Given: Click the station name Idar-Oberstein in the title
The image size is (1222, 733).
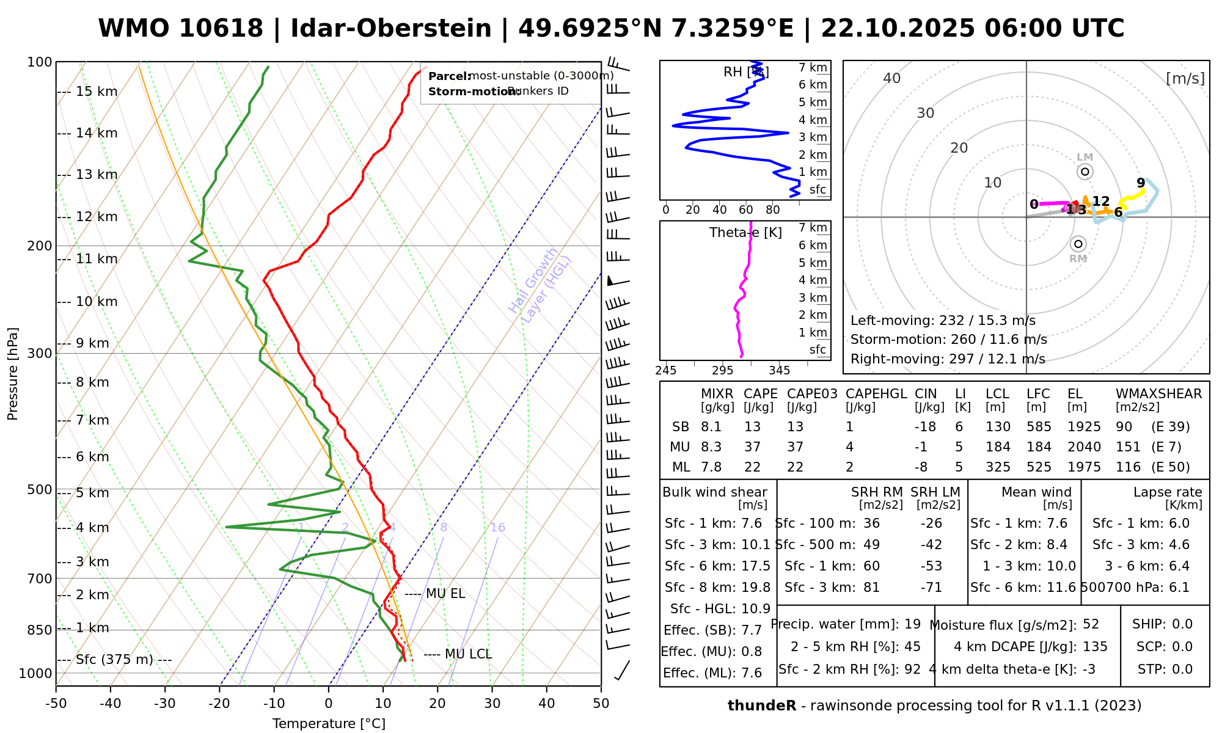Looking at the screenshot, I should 390,29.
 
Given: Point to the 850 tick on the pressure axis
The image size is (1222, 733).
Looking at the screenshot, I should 40,630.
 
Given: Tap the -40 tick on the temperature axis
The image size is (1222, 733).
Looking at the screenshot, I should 111,704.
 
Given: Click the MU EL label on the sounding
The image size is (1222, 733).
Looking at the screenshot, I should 445,594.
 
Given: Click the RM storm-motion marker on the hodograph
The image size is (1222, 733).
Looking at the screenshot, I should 1078,244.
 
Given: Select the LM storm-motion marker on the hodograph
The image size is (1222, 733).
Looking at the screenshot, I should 1085,172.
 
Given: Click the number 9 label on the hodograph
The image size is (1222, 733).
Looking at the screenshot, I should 1141,183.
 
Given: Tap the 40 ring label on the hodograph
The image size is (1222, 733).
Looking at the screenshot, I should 892,78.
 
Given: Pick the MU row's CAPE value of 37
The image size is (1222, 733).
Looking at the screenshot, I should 752,447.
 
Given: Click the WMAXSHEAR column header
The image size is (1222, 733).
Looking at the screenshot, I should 1158,394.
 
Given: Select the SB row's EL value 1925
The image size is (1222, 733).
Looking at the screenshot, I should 1084,427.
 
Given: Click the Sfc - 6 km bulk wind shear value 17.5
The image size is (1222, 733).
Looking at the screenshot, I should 756,566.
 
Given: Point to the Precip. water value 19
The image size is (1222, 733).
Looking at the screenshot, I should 912,624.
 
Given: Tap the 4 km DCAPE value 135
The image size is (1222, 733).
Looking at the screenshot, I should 1095,647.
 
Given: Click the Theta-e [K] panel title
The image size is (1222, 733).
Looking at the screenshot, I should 745,233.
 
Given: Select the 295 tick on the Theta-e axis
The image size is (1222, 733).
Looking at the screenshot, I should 722,371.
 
